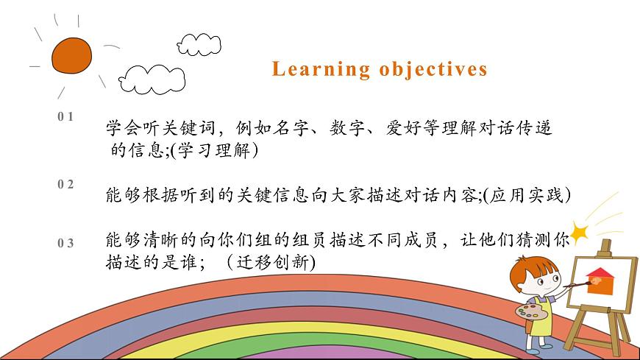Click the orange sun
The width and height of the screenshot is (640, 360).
click(x=71, y=54)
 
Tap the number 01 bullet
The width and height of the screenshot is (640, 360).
click(x=65, y=116)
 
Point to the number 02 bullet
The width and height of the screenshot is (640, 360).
click(x=65, y=185)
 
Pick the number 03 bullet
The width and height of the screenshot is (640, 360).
click(x=65, y=243)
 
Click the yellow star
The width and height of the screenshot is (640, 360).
click(x=580, y=233)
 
